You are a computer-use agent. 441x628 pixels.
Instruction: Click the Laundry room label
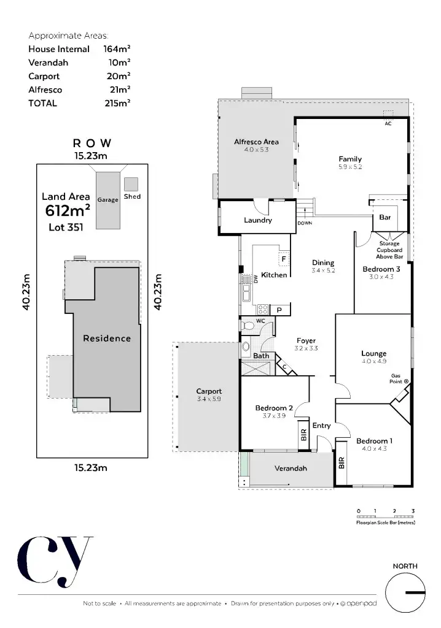pos(257,220)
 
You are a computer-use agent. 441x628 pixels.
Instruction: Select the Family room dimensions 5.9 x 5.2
pos(350,167)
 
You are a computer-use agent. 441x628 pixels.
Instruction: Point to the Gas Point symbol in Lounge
pos(406,381)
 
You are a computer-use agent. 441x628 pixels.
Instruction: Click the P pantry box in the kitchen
pos(279,310)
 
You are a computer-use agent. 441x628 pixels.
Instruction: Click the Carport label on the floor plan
pos(209,391)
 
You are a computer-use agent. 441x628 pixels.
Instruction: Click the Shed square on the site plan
pos(131,184)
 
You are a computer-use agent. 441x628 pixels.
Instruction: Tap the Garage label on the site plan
pos(107,200)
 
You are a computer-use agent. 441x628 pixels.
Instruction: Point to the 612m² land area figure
pos(68,212)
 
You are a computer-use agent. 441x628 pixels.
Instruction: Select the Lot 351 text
pos(66,227)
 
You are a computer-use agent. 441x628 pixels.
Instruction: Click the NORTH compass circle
pos(405,592)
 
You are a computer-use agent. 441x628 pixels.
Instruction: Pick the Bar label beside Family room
pos(385,218)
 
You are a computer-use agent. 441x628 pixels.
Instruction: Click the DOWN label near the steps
pos(305,223)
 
